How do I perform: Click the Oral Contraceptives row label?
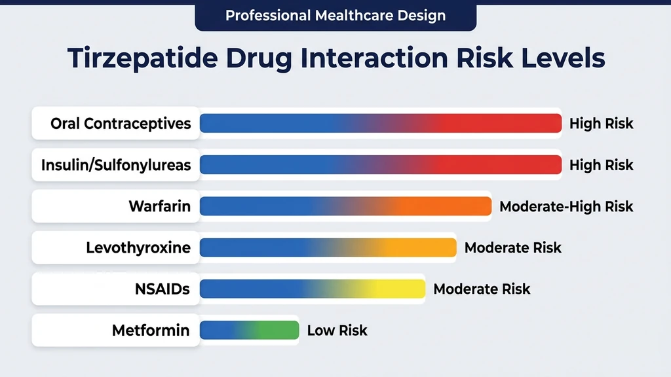[121, 124]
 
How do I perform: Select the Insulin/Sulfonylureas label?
[116, 165]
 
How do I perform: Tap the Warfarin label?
[160, 207]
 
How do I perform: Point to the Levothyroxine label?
[138, 248]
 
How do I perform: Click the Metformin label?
[151, 331]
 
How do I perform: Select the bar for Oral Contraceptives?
[380, 124]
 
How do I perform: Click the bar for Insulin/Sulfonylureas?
[380, 165]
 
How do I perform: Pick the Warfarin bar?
[345, 207]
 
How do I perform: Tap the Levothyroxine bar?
[328, 248]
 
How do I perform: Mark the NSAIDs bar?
[312, 289]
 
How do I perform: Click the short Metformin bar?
[249, 331]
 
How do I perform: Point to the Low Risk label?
[337, 331]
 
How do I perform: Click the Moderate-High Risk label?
[566, 207]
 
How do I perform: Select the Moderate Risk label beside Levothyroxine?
[513, 248]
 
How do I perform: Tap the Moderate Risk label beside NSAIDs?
[482, 289]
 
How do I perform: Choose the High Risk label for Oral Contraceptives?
[601, 124]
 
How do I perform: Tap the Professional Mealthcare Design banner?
[335, 15]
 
